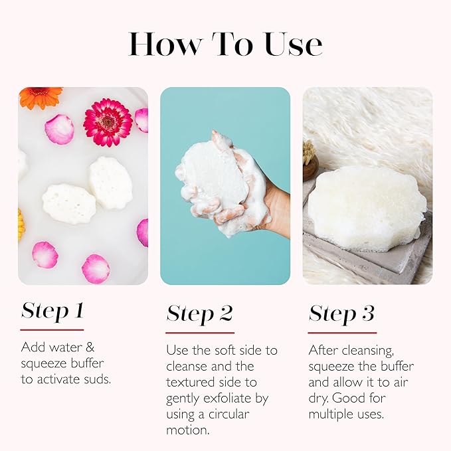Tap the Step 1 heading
pyautogui.click(x=52, y=311)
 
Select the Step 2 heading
pyautogui.click(x=200, y=314)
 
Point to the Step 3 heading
pyautogui.click(x=341, y=314)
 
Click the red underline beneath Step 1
pyautogui.click(x=52, y=329)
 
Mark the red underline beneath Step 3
pyautogui.click(x=342, y=332)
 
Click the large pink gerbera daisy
pyautogui.click(x=108, y=122)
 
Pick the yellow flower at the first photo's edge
pyautogui.click(x=21, y=225)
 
